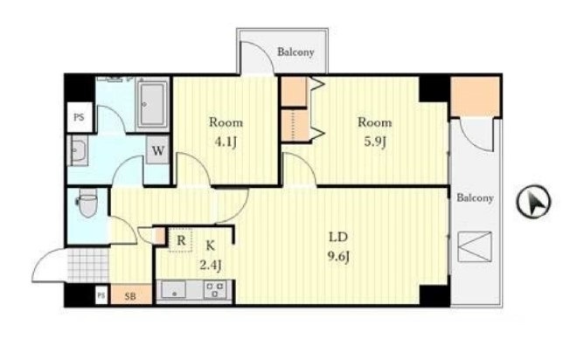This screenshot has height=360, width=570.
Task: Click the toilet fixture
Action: [87, 203]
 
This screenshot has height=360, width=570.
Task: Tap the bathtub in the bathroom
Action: [152, 104]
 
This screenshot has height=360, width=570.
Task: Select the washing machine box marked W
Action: [157, 150]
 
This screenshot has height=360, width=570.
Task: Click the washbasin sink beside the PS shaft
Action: [78, 151]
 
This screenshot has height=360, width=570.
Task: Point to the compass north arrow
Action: [533, 202]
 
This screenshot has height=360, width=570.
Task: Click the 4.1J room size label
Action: [226, 142]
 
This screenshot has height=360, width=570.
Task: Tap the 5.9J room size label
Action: [374, 142]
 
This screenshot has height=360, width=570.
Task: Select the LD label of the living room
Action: [338, 237]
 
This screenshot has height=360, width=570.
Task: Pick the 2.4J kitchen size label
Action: [211, 265]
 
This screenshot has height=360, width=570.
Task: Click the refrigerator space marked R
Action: [181, 240]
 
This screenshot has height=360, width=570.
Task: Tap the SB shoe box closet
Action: [131, 294]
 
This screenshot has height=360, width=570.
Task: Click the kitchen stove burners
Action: [215, 290]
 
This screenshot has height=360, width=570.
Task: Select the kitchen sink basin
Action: [174, 290]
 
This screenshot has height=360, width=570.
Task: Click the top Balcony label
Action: [295, 52]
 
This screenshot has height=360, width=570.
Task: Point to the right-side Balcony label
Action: [475, 198]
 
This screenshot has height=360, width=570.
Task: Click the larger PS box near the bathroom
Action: [80, 117]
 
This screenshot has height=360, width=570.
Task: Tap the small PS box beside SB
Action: [101, 295]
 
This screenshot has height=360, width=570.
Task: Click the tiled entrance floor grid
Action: [88, 264]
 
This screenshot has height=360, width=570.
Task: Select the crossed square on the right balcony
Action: [475, 246]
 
